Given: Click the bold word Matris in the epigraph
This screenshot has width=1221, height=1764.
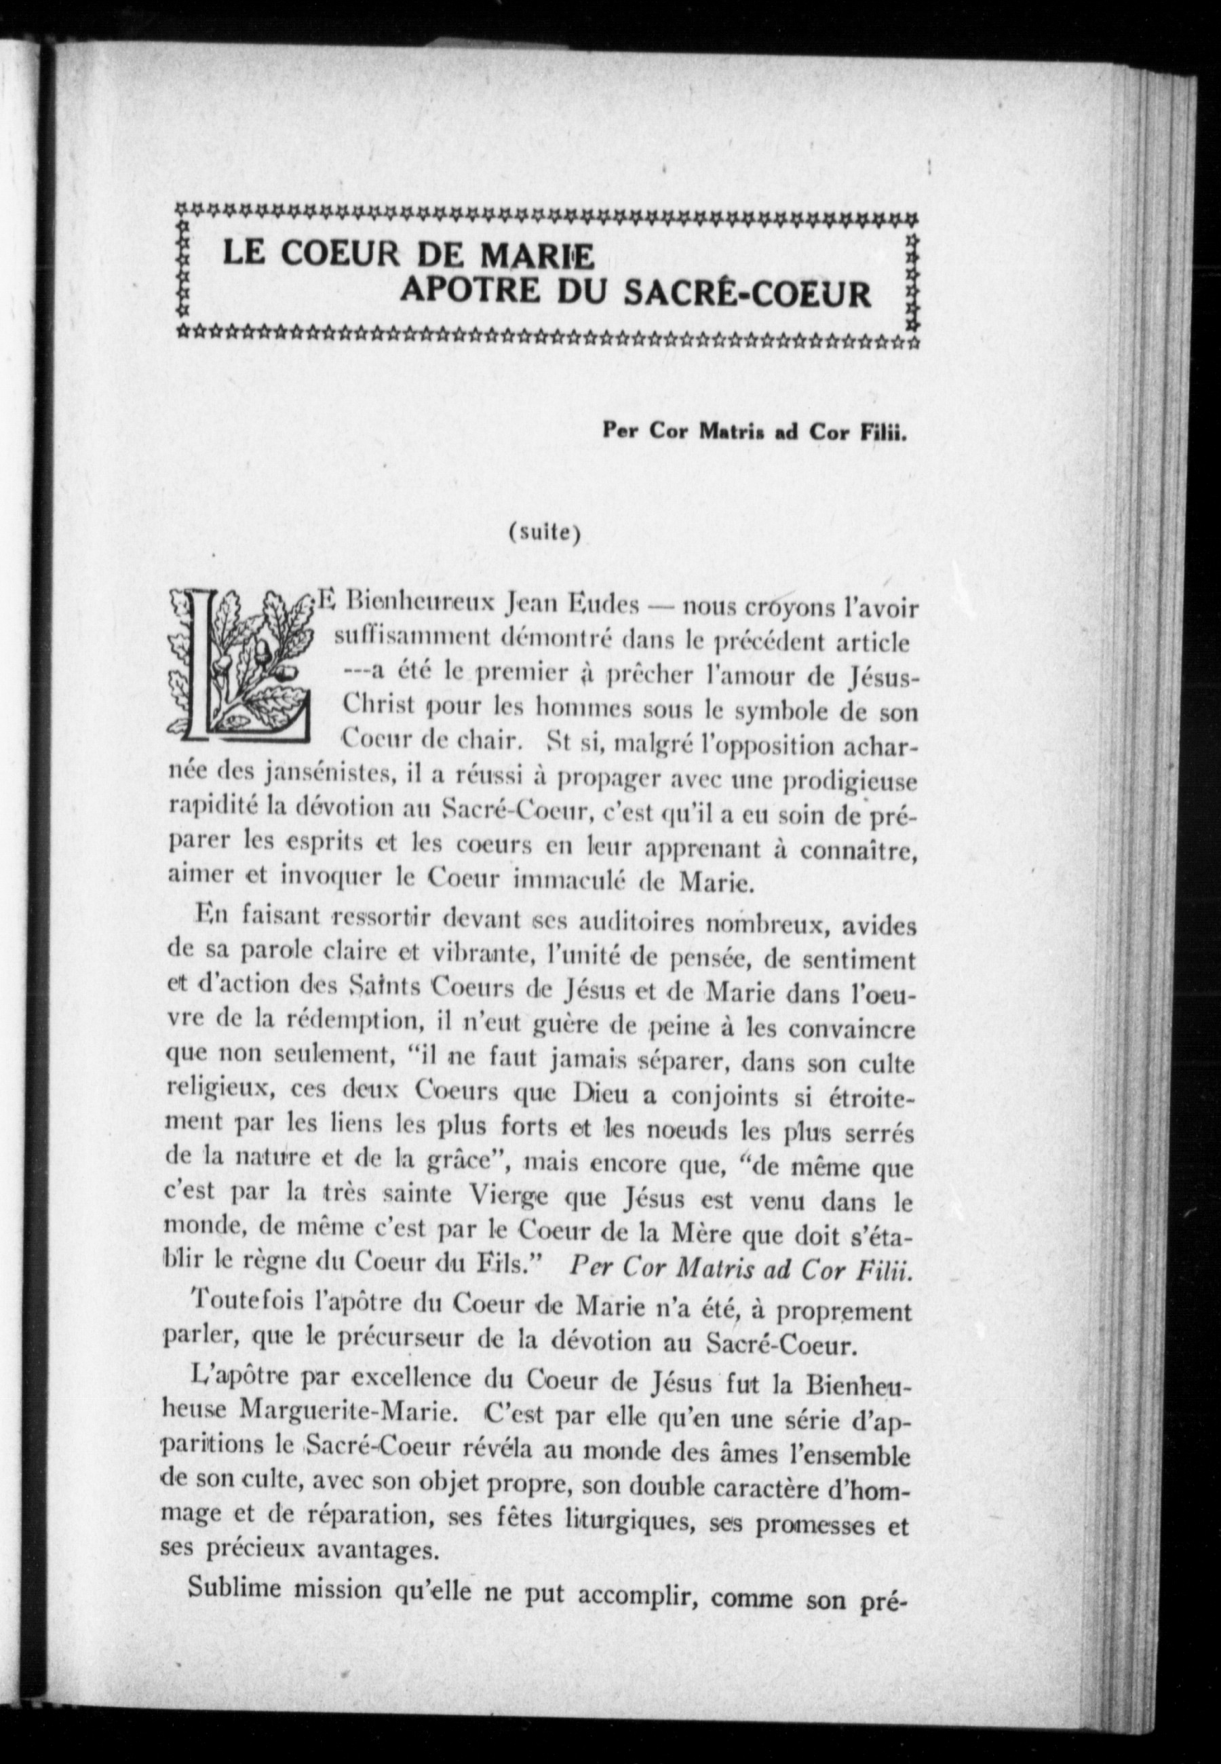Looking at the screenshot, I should (x=720, y=433).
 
